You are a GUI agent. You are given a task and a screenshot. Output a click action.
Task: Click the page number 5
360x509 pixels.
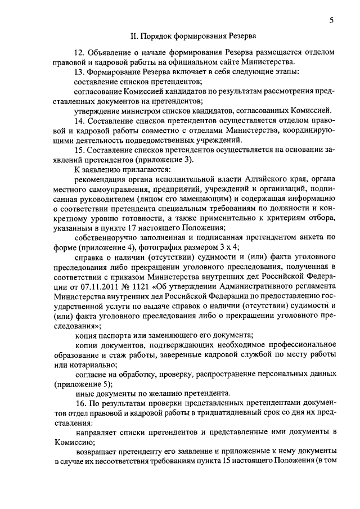(332, 21)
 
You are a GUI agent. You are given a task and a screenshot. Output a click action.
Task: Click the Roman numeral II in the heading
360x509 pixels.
(134, 37)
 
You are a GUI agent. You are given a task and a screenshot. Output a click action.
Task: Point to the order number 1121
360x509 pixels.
(141, 285)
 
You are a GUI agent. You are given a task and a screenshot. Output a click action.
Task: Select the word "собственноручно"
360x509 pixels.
(107, 237)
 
